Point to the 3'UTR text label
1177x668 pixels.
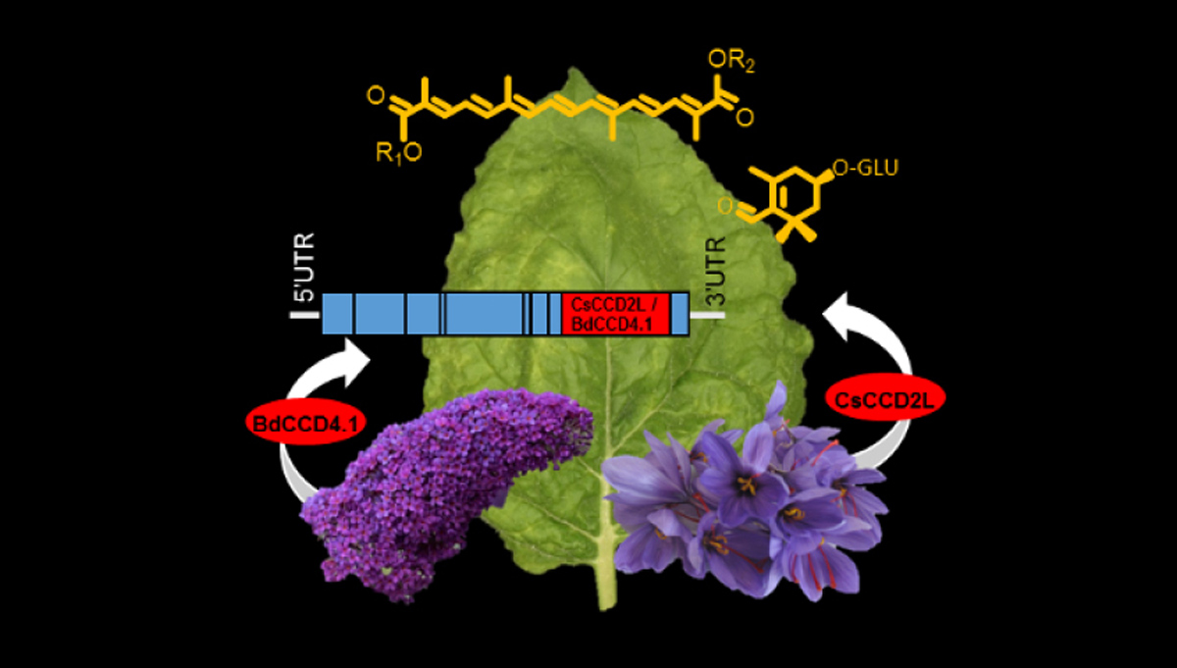[715, 270]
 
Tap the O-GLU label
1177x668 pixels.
[863, 170]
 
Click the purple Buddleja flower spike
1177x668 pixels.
[441, 481]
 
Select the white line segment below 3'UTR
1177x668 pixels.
[707, 315]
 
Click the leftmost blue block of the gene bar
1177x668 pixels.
[337, 315]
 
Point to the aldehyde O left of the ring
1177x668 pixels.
[727, 206]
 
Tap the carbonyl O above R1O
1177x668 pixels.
[374, 94]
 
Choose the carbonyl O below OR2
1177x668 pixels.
[744, 118]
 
